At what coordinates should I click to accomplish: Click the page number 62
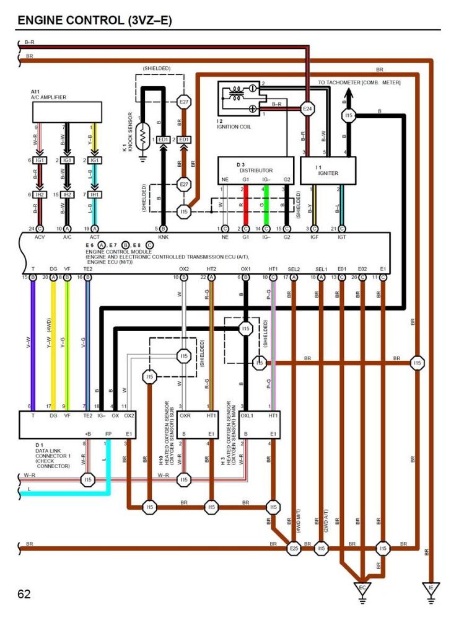pyautogui.click(x=24, y=595)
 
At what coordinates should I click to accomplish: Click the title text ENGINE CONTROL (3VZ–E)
pyautogui.click(x=94, y=20)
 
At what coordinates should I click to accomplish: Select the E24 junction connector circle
pyautogui.click(x=307, y=108)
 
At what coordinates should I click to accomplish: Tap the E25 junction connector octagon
pyautogui.click(x=294, y=549)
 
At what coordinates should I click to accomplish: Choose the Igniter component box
pyautogui.click(x=328, y=170)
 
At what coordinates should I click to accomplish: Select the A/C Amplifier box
pyautogui.click(x=66, y=112)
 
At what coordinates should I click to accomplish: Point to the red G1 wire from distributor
pyautogui.click(x=245, y=205)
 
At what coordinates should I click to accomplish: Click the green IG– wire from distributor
pyautogui.click(x=266, y=205)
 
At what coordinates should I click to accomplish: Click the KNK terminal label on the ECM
pyautogui.click(x=163, y=237)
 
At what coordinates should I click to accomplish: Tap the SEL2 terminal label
pyautogui.click(x=294, y=268)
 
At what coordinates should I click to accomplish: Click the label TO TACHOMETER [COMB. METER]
pyautogui.click(x=359, y=82)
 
